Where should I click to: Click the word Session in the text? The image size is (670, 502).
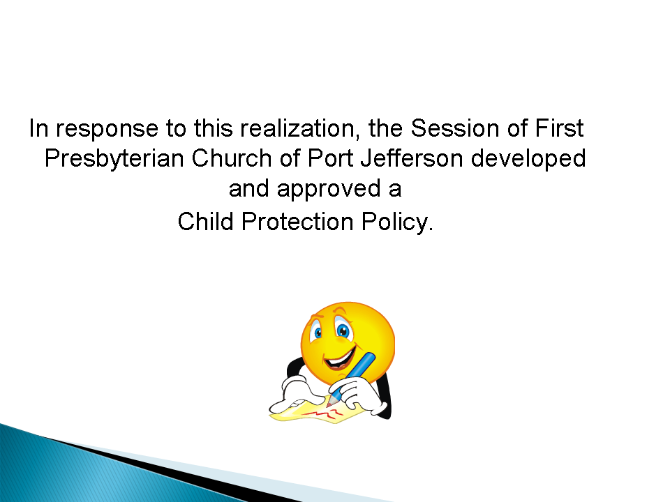tap(455, 128)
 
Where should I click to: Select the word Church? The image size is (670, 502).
tap(231, 158)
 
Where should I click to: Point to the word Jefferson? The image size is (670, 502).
tap(412, 158)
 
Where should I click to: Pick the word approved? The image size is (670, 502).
tap(329, 190)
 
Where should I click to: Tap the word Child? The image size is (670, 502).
tap(205, 221)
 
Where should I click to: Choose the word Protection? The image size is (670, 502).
tap(297, 221)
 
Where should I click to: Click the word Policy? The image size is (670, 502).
tap(397, 222)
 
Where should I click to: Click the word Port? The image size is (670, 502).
tap(330, 158)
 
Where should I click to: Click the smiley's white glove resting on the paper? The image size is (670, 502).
tap(298, 393)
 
